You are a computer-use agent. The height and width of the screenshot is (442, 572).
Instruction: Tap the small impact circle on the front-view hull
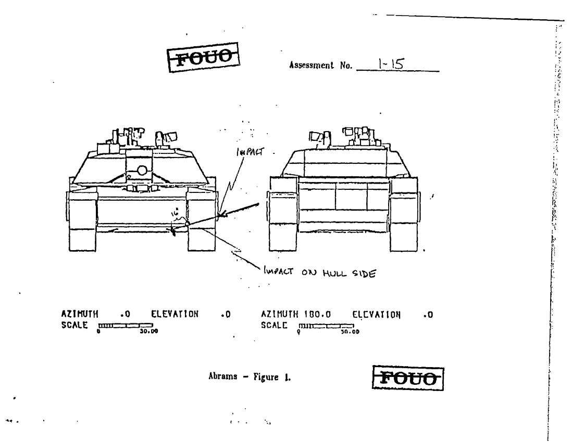tap(187, 224)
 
